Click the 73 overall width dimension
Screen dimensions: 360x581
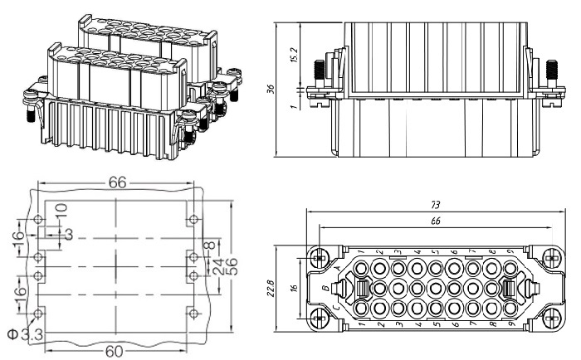click(x=434, y=204)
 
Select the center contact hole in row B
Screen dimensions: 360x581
click(x=435, y=289)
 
